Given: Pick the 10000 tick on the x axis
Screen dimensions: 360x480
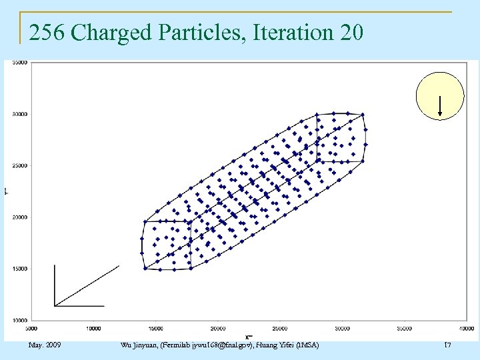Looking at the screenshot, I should [93, 328].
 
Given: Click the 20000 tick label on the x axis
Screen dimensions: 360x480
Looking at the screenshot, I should [218, 328].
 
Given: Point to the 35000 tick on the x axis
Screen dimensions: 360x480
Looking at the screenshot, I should [404, 328].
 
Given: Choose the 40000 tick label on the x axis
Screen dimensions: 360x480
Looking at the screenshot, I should [466, 328].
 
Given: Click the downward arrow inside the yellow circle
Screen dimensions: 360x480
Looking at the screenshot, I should [440, 107].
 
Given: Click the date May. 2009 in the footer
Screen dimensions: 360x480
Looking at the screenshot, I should [45, 345].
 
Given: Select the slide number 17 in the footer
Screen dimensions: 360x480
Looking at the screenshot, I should [447, 345].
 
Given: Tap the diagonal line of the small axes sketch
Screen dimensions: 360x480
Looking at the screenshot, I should [87, 285].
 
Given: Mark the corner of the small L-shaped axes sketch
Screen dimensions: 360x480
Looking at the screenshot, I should [55, 306].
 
